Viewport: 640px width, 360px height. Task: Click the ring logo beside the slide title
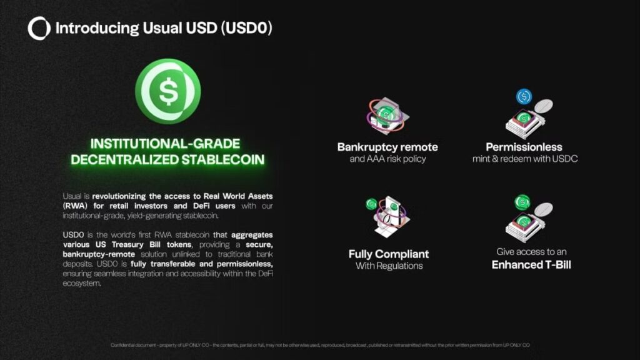(39, 28)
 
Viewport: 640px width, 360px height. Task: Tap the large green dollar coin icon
(167, 91)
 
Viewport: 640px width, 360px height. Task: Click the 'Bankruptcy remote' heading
(387, 147)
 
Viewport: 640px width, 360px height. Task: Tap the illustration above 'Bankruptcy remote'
(387, 116)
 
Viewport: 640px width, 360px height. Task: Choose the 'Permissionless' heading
(525, 147)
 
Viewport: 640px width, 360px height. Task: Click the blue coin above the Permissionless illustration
(524, 97)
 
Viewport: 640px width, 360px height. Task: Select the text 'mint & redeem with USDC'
(525, 159)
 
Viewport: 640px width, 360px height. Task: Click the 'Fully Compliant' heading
(389, 254)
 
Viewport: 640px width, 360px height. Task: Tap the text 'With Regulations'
(389, 266)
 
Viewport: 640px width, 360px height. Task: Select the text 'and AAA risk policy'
(387, 159)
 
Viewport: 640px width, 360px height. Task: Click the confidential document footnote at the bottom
(320, 345)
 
